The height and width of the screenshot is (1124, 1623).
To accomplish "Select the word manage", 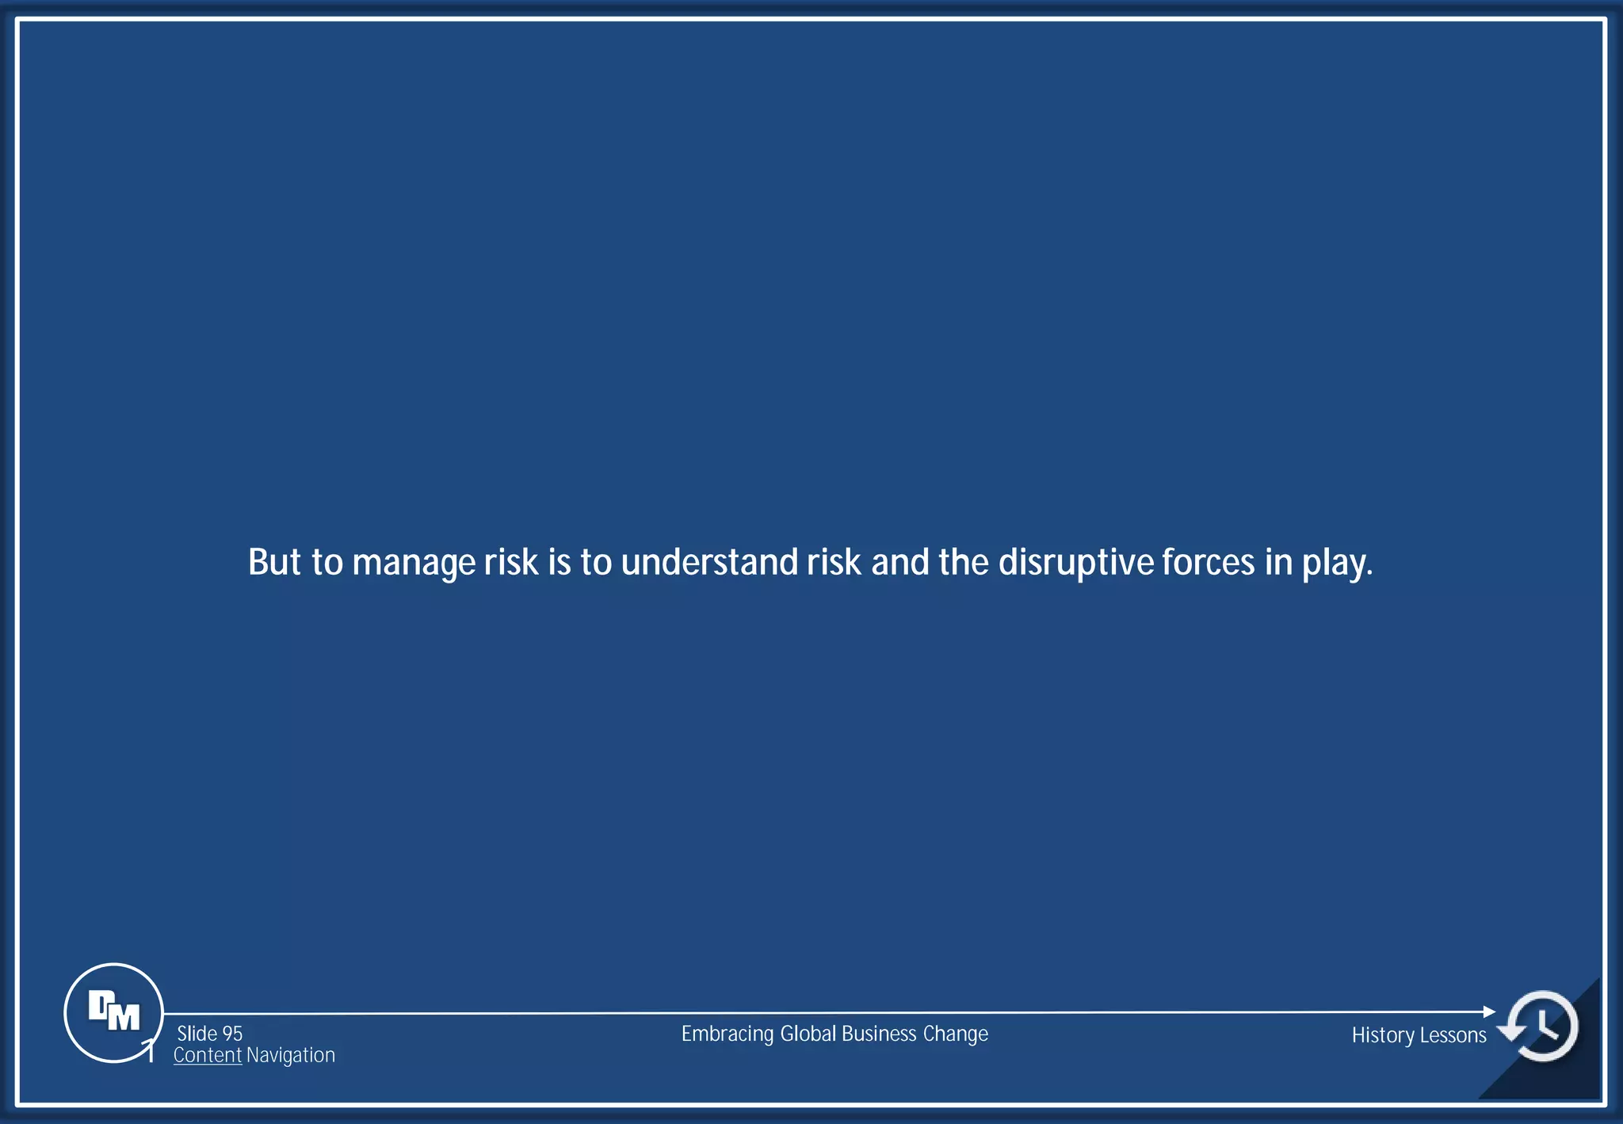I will tap(414, 564).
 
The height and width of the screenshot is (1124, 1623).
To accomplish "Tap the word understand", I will tap(709, 562).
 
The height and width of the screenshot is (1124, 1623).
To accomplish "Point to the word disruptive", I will tap(1075, 564).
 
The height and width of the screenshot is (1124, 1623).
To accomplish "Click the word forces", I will tap(1208, 562).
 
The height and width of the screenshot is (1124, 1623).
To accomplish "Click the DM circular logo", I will tap(113, 1012).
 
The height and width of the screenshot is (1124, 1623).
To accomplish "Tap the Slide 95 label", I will tap(209, 1034).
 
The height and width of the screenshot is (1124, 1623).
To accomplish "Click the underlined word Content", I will tap(207, 1055).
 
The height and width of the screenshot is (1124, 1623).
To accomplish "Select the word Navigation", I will tap(290, 1055).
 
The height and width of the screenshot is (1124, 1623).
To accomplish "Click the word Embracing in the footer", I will tap(727, 1034).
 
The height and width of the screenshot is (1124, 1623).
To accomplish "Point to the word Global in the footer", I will tap(808, 1034).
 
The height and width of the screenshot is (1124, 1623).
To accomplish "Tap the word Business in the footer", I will tap(879, 1034).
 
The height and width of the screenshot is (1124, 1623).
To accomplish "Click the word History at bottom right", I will tap(1382, 1036).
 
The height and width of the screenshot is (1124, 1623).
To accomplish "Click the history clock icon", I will tap(1541, 1026).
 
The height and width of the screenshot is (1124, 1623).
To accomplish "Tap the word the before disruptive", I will tap(963, 562).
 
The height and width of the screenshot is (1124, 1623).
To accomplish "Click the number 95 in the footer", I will tap(232, 1034).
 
